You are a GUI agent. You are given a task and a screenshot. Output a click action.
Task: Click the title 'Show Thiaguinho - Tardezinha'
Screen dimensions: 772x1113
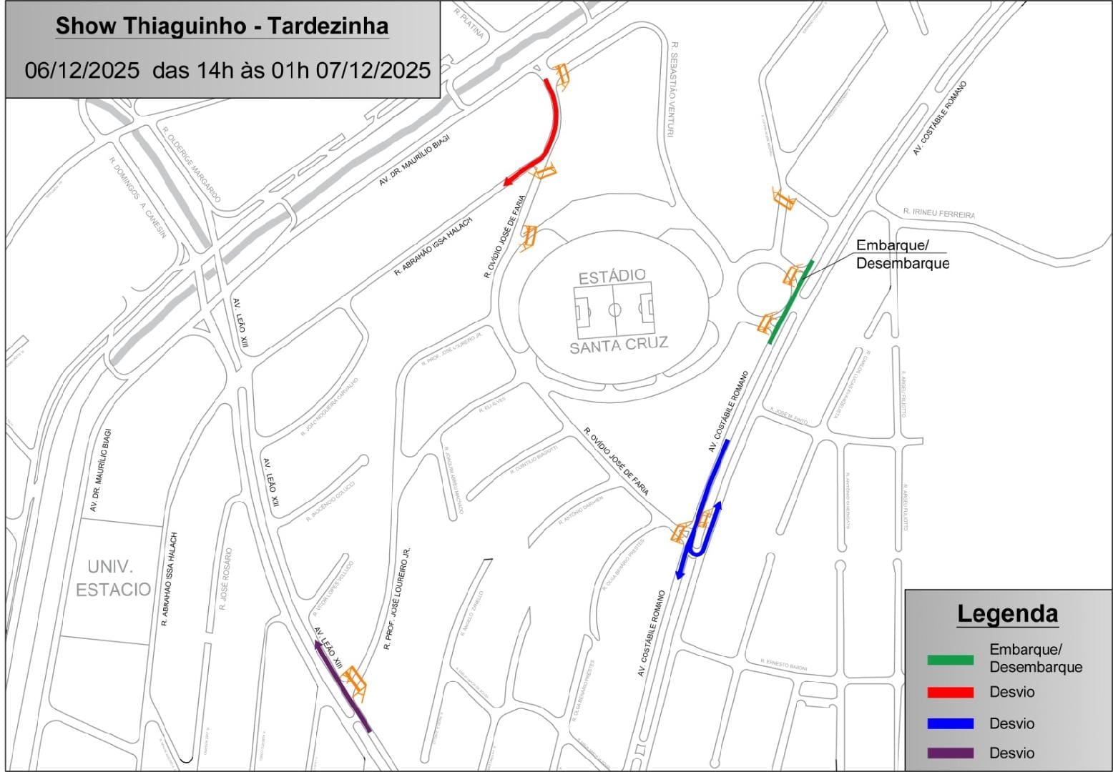coord(222,26)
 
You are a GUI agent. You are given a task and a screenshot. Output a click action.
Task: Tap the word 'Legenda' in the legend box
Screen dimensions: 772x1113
coord(1007,613)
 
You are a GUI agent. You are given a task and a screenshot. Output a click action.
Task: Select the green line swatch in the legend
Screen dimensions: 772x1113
coord(950,660)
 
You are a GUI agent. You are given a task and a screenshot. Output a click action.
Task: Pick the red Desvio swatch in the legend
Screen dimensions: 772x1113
coord(950,692)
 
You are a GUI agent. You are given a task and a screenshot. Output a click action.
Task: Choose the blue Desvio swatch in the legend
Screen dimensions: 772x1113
coord(950,723)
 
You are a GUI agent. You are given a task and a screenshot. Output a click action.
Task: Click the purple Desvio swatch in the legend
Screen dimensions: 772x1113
coord(950,753)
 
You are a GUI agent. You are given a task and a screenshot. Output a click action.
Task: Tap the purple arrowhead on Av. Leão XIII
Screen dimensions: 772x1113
coord(317,645)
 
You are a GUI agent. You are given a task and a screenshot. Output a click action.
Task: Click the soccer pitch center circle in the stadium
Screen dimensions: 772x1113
coord(614,310)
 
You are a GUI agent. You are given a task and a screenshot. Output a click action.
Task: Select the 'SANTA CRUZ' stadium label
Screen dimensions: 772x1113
coord(619,345)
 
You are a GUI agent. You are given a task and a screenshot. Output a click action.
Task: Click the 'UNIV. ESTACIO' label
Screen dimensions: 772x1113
coord(113,578)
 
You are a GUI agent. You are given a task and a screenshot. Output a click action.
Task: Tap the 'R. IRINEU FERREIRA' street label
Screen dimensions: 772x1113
coord(938,213)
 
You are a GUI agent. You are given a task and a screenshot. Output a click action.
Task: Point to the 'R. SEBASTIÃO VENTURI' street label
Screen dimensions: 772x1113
coord(672,89)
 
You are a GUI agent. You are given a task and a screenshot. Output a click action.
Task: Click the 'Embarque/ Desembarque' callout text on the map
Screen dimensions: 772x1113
coord(901,254)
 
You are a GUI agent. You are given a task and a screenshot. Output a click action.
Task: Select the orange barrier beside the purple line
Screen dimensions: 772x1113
coord(355,683)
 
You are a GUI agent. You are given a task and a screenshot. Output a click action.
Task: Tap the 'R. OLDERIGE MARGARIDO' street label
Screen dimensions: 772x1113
coord(191,165)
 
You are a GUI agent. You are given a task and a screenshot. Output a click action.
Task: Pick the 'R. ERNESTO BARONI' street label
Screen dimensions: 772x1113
coord(783,665)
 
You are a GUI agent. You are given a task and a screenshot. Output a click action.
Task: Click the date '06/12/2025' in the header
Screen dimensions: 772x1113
coord(82,70)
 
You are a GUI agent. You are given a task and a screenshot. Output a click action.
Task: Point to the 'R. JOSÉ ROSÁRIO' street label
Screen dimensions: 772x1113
coord(226,579)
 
